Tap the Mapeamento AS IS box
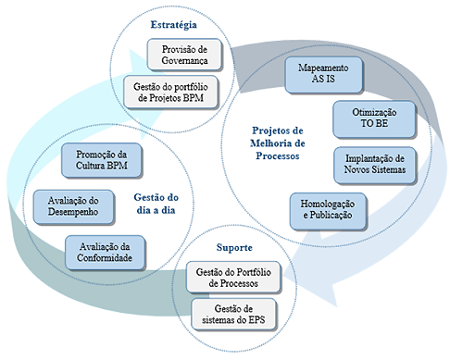point(323,75)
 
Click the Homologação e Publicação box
point(327,209)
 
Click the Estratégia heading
point(173,24)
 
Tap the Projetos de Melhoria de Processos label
point(278,143)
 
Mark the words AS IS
point(323,81)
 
